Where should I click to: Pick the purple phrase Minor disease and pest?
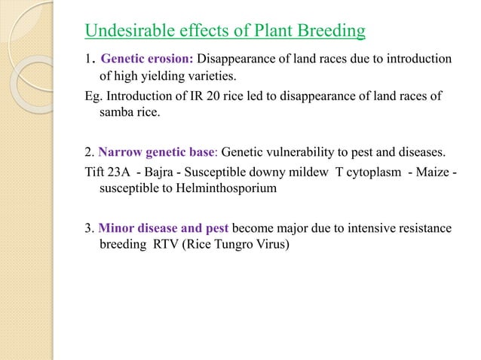pyautogui.click(x=164, y=227)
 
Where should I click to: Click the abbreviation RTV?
pyautogui.click(x=171, y=244)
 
